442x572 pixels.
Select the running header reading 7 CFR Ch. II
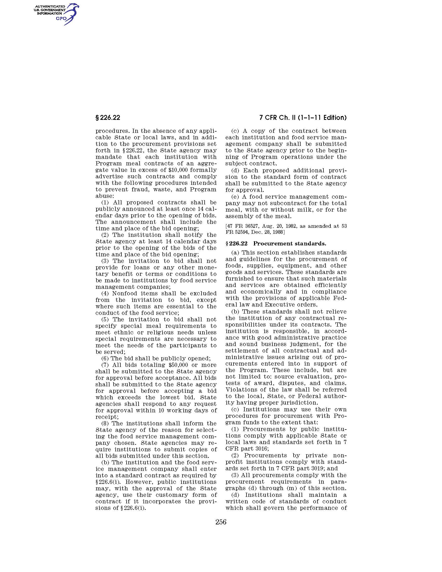pos(303,118)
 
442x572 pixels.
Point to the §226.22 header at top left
pos(108,118)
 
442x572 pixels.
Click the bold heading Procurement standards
pos(290,244)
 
